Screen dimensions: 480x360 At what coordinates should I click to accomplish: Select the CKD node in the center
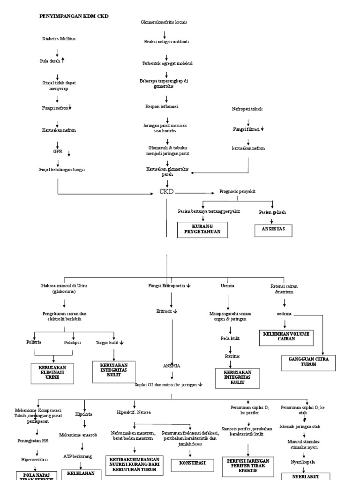point(167,192)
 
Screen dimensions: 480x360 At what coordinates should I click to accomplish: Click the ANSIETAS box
point(273,229)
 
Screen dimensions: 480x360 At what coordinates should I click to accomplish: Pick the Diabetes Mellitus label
point(58,39)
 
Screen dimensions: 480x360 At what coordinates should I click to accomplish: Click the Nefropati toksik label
point(247,109)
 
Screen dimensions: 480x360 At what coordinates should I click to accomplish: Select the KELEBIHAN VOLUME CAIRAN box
point(286,337)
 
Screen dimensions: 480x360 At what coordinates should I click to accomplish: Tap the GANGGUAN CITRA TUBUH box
point(308,361)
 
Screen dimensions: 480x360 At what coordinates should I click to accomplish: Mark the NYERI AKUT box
point(306,476)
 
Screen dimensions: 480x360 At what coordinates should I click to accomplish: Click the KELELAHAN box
point(81,473)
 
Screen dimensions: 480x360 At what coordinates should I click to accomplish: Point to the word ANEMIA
point(172,365)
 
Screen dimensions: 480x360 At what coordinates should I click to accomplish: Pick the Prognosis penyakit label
point(237,192)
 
